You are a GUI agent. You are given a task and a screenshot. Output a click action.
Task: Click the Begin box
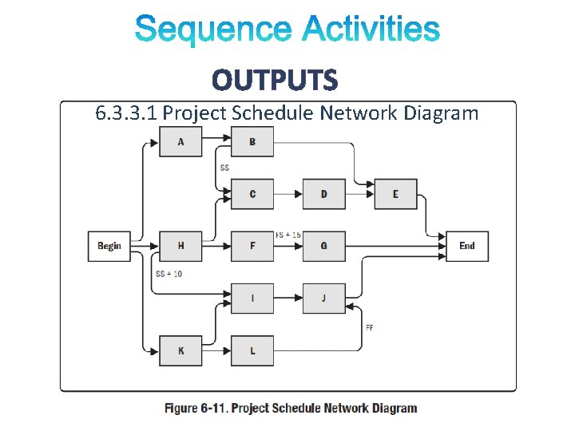click(109, 246)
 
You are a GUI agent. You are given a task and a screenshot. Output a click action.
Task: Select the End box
click(467, 246)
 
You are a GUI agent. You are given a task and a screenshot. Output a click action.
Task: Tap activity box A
click(180, 142)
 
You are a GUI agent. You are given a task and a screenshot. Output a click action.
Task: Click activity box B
click(252, 142)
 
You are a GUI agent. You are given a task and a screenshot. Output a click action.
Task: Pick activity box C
click(252, 194)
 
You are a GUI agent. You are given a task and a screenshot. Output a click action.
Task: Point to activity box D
click(323, 194)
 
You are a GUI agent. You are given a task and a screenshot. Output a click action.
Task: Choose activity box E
click(395, 194)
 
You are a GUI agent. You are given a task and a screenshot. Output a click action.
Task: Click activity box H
click(180, 246)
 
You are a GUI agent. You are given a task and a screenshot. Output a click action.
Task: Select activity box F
click(252, 246)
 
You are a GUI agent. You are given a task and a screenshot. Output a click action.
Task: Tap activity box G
click(323, 246)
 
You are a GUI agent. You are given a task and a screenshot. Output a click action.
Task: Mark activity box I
click(252, 299)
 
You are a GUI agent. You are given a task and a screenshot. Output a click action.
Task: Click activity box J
click(323, 299)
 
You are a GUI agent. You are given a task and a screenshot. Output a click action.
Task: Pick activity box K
click(180, 350)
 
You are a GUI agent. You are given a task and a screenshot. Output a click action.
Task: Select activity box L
click(252, 350)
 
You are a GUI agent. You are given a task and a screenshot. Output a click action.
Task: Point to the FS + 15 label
click(288, 235)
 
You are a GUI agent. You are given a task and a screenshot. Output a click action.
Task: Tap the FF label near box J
click(370, 327)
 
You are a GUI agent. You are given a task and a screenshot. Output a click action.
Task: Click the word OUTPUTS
click(275, 80)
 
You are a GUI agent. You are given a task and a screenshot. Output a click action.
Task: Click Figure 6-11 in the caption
click(196, 408)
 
